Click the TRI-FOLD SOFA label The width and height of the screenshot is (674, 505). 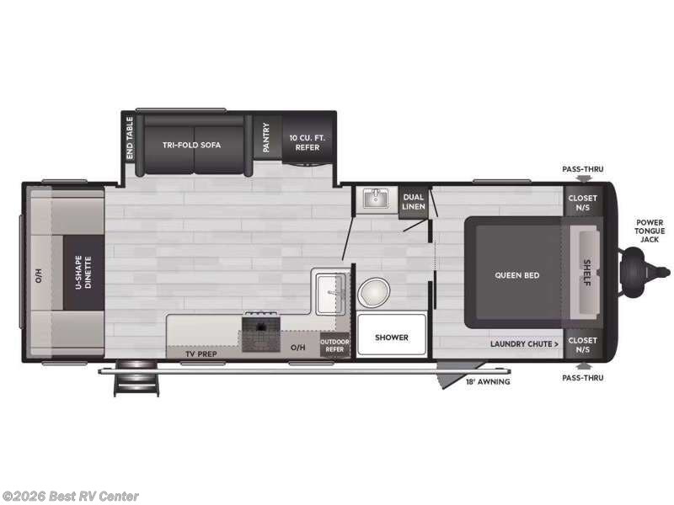point(191,145)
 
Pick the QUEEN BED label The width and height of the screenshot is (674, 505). point(517,275)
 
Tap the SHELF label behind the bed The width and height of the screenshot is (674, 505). point(586,273)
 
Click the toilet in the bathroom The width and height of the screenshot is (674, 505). point(372,294)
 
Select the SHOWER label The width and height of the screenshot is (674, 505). point(392,338)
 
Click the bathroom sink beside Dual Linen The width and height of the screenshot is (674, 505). point(374,199)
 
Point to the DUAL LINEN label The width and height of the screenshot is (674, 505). point(413,201)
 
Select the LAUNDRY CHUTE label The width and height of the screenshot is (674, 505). point(525,343)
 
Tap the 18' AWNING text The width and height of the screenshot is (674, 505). point(488,381)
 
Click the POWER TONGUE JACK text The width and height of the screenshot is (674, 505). point(650,231)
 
